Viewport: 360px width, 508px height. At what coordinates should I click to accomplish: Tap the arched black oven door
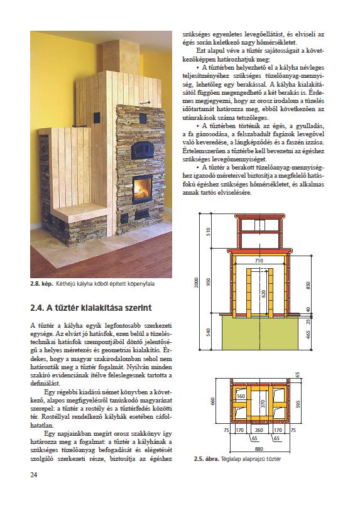tap(142, 150)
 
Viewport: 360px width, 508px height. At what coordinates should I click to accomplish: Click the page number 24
tap(34, 475)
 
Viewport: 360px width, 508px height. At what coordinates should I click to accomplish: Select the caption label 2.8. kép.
tap(41, 284)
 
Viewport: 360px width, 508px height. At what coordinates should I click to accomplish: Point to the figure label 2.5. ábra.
tap(207, 459)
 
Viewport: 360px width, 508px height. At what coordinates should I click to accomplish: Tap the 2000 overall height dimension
tap(196, 282)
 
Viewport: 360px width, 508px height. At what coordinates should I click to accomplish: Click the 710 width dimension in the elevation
tap(259, 260)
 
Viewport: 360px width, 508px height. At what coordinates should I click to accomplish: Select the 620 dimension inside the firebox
tap(263, 294)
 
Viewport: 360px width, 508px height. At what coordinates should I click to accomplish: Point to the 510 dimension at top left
tap(209, 231)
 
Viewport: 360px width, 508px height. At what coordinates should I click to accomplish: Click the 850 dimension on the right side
tap(308, 286)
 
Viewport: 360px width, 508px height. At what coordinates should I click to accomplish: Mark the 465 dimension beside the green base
tap(308, 334)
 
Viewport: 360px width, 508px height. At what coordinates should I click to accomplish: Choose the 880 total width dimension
tap(259, 449)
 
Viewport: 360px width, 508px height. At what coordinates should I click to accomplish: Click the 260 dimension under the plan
tap(259, 430)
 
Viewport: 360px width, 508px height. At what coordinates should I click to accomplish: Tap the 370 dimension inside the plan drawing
tap(263, 404)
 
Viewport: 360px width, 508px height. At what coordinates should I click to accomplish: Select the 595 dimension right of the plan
tap(298, 404)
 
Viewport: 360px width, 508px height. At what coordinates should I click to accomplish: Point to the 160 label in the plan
tap(241, 396)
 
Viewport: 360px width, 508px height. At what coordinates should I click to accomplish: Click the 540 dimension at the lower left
tap(209, 332)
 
